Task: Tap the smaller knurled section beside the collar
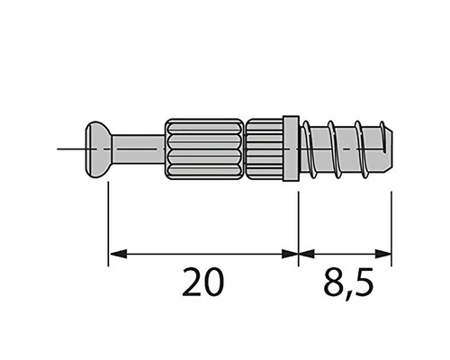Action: pyautogui.click(x=263, y=146)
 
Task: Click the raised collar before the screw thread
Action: pyautogui.click(x=290, y=148)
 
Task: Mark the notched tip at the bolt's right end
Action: pyautogui.click(x=386, y=145)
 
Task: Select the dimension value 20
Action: pyautogui.click(x=203, y=283)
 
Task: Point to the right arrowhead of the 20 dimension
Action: pyautogui.click(x=290, y=255)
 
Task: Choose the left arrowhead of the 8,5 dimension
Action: pyautogui.click(x=306, y=255)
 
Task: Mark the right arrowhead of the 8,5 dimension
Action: pyautogui.click(x=385, y=255)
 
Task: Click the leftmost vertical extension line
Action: pyautogui.click(x=108, y=225)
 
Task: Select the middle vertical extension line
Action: pyautogui.click(x=298, y=225)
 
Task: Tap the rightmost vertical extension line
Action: pyautogui.click(x=392, y=225)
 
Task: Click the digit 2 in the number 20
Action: pyautogui.click(x=192, y=283)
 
